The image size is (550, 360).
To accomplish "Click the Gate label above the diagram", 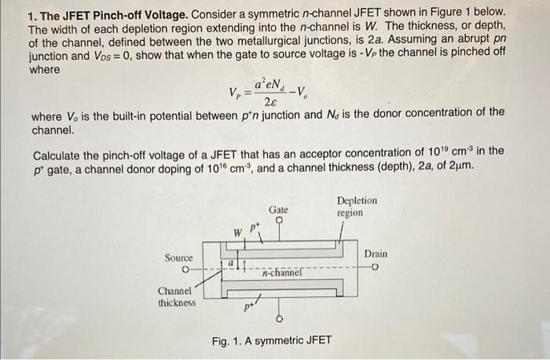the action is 279,210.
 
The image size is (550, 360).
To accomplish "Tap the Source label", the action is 178,257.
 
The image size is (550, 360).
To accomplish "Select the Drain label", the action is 376,254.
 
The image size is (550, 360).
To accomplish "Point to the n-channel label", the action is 282,274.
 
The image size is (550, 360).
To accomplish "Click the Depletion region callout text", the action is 357,207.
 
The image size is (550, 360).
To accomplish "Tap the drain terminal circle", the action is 376,266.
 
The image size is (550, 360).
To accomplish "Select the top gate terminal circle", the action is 279,222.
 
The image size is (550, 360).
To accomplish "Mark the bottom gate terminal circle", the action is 279,319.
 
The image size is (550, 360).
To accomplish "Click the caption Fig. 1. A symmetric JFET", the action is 272,341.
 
